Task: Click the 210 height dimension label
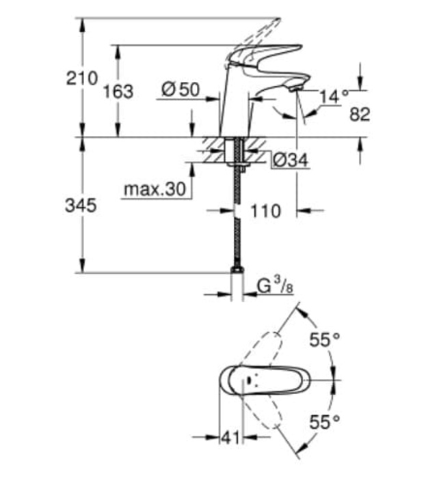(x=81, y=78)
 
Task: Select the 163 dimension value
(x=118, y=91)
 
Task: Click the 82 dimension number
(x=359, y=115)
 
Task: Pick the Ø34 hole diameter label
(x=290, y=160)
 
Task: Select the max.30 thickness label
(x=155, y=190)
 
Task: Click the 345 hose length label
(x=81, y=205)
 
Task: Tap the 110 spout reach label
(x=266, y=211)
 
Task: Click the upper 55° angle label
(x=324, y=339)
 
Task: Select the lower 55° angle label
(x=324, y=422)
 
